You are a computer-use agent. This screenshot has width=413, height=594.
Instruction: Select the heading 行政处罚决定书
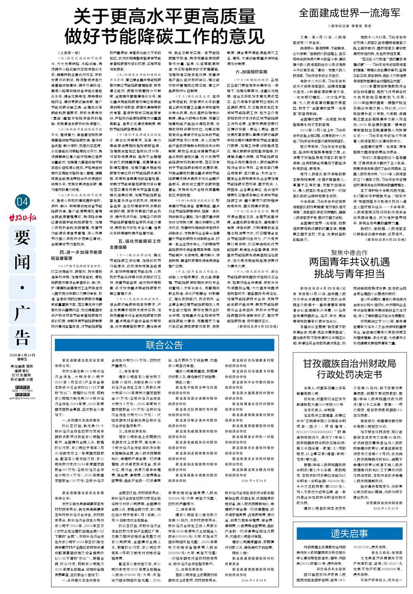(349, 374)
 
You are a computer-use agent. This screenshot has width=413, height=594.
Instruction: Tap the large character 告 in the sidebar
(23, 335)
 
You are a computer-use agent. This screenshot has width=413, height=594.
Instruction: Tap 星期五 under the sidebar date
(22, 359)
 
